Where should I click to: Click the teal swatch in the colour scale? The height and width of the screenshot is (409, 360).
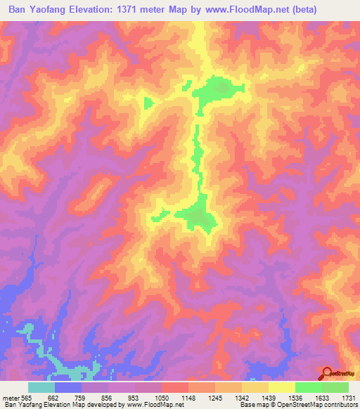[x=41, y=387]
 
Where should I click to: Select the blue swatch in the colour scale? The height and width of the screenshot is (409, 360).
[x=68, y=387]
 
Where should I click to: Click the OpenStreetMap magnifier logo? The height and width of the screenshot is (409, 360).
[x=327, y=373]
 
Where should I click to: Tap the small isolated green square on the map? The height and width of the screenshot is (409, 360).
[x=148, y=103]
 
